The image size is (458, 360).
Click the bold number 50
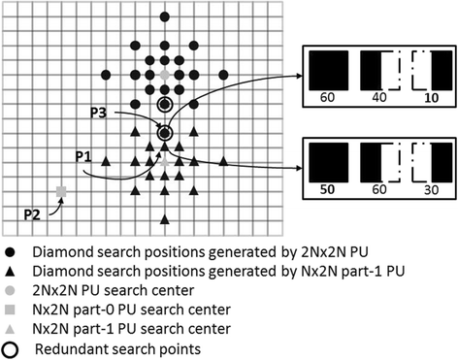tap(326, 190)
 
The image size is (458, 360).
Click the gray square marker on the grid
tap(61, 193)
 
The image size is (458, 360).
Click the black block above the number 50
tap(326, 159)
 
